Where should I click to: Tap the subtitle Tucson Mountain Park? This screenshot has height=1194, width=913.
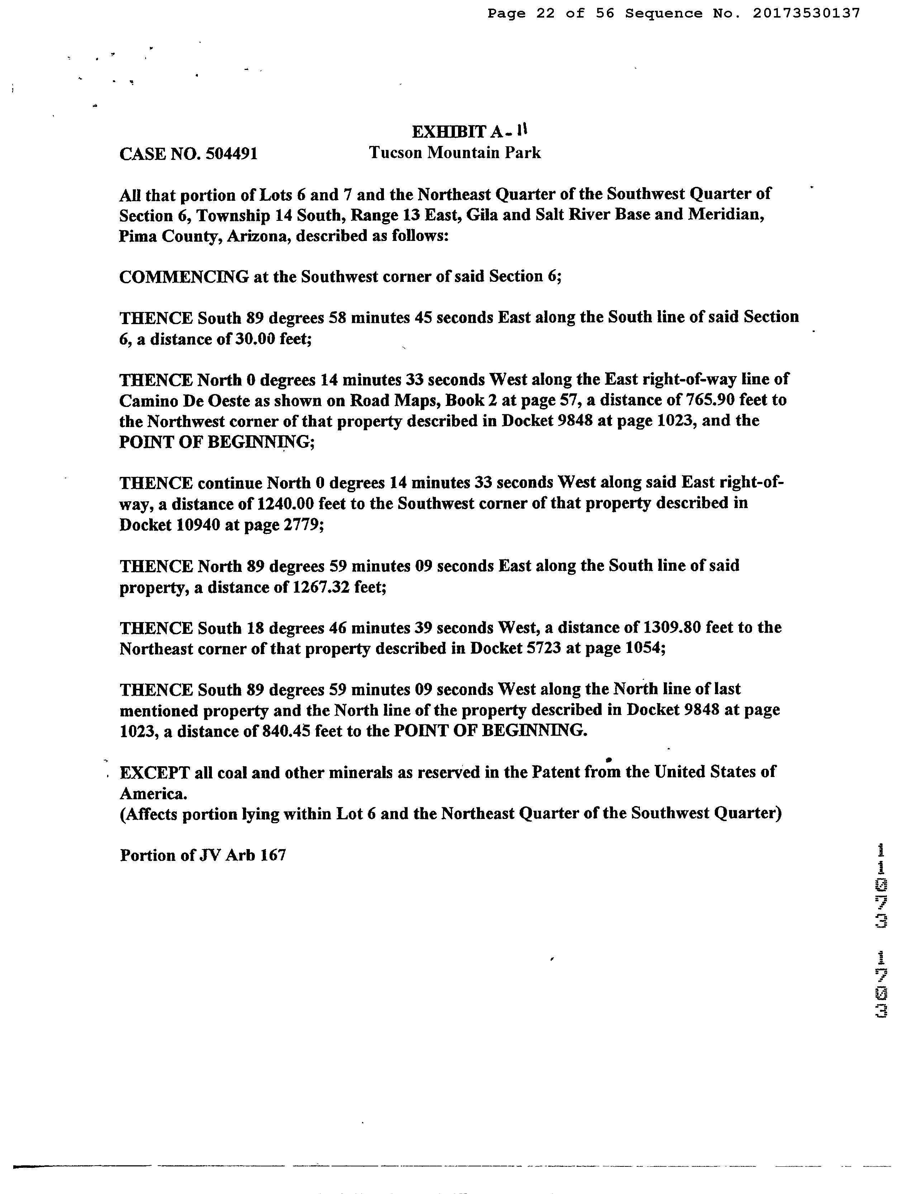click(x=455, y=153)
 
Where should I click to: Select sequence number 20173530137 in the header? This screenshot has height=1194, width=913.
click(x=807, y=13)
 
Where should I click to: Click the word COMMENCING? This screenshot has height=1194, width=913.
click(x=184, y=276)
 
